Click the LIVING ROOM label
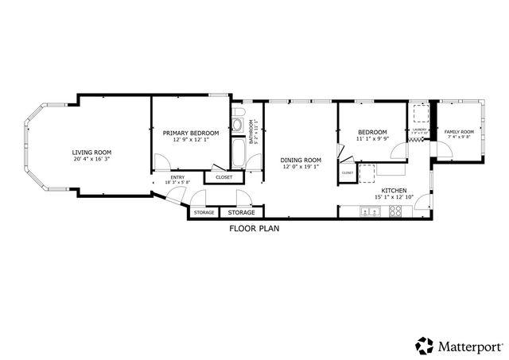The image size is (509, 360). (91, 152)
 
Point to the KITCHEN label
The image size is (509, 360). (394, 192)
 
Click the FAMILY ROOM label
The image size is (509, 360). (458, 131)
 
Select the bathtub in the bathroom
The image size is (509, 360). (238, 152)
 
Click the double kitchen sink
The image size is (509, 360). (369, 211)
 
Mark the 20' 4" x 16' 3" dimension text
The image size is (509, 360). (91, 159)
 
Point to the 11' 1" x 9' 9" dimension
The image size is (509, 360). (372, 138)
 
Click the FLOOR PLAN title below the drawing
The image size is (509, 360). (254, 228)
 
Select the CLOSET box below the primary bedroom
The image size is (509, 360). (224, 177)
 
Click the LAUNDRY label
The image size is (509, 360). (420, 130)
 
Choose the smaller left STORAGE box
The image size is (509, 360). (204, 212)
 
